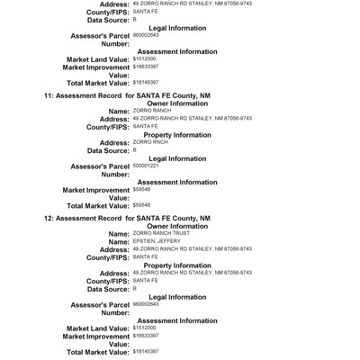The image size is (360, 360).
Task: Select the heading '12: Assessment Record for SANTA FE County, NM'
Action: point(127,218)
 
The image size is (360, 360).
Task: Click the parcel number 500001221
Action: point(145,166)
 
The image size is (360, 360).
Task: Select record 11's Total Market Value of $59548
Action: point(141,205)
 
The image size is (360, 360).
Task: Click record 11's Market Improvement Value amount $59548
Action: point(141,190)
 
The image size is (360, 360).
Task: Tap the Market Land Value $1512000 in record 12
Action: point(144,328)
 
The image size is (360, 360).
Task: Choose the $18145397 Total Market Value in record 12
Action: point(146,351)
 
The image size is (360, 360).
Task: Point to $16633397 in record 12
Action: point(146,336)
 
